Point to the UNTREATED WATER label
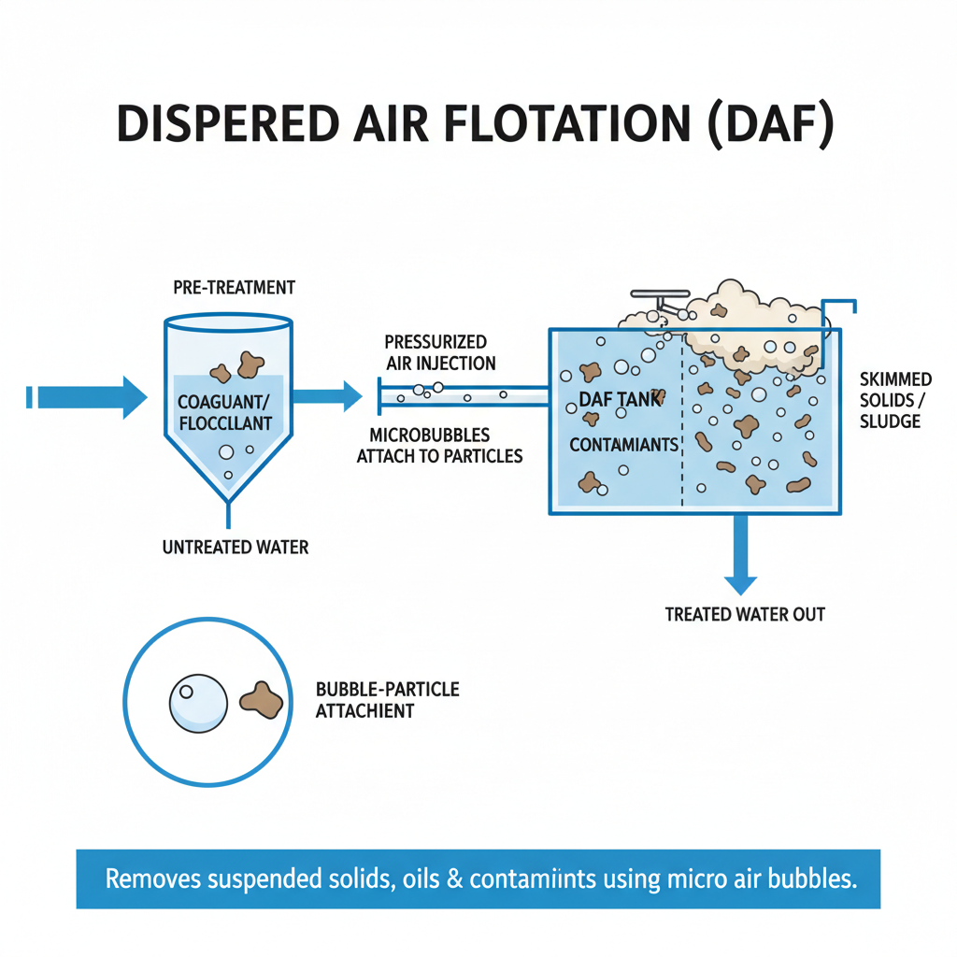(x=236, y=547)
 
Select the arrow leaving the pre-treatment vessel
(x=327, y=396)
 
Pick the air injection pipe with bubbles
(x=463, y=394)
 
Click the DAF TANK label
(x=620, y=399)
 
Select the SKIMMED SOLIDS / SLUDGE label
(x=895, y=400)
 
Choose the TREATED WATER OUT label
(x=745, y=614)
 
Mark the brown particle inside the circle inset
(x=262, y=700)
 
